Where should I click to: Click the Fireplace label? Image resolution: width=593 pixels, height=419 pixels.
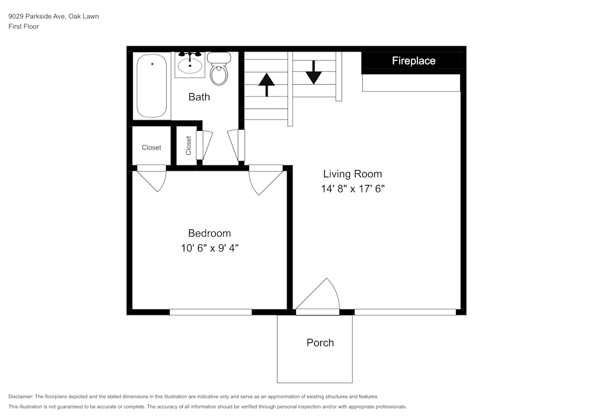tap(413, 60)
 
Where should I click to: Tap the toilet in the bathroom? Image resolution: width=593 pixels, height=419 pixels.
tap(219, 70)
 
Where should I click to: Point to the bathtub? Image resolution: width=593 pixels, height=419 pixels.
tap(152, 86)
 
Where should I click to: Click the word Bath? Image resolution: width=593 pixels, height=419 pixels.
tap(199, 97)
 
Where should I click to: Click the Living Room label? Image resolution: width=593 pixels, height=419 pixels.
tap(352, 174)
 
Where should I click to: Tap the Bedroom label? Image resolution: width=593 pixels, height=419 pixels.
tap(209, 233)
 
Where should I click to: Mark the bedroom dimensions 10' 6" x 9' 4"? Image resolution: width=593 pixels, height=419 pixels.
tap(209, 248)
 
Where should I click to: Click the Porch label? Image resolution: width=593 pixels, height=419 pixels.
tap(320, 343)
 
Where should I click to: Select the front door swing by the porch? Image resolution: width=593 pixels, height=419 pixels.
tap(320, 297)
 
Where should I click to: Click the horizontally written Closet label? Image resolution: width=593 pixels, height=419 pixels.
tap(151, 148)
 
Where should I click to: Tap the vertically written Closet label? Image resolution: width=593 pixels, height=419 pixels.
tap(188, 146)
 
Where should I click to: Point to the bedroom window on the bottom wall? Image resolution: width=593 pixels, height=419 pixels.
tap(211, 312)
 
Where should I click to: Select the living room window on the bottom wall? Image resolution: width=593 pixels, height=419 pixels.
tap(405, 312)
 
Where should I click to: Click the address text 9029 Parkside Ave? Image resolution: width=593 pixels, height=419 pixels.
tap(53, 17)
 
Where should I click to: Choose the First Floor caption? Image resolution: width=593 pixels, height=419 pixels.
tap(24, 27)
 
